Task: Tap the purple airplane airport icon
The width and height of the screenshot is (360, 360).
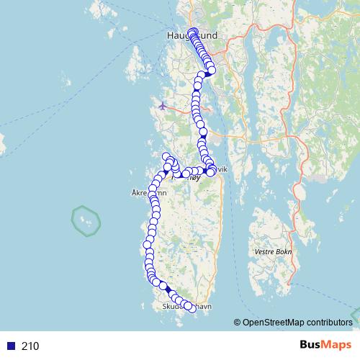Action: coord(163,106)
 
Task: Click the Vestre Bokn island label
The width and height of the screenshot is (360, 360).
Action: coord(271,252)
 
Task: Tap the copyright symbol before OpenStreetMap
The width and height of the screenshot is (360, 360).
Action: coord(238,323)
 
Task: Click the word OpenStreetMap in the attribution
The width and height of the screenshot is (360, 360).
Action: coord(273,323)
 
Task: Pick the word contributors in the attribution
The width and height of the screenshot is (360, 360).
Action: coord(329,323)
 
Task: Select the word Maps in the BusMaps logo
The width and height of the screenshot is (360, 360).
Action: coord(333,345)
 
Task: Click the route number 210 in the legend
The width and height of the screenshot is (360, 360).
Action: coord(30,346)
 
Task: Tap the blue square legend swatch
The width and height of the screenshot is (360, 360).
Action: coord(10,346)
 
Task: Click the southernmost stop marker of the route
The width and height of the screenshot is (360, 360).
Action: coord(191,307)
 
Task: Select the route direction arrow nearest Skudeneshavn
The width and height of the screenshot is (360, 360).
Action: coord(168,290)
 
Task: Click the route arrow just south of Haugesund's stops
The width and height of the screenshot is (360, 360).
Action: coord(207,73)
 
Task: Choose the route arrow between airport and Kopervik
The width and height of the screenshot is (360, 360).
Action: coord(203,132)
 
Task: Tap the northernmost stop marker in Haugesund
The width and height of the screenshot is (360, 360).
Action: coord(192,32)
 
